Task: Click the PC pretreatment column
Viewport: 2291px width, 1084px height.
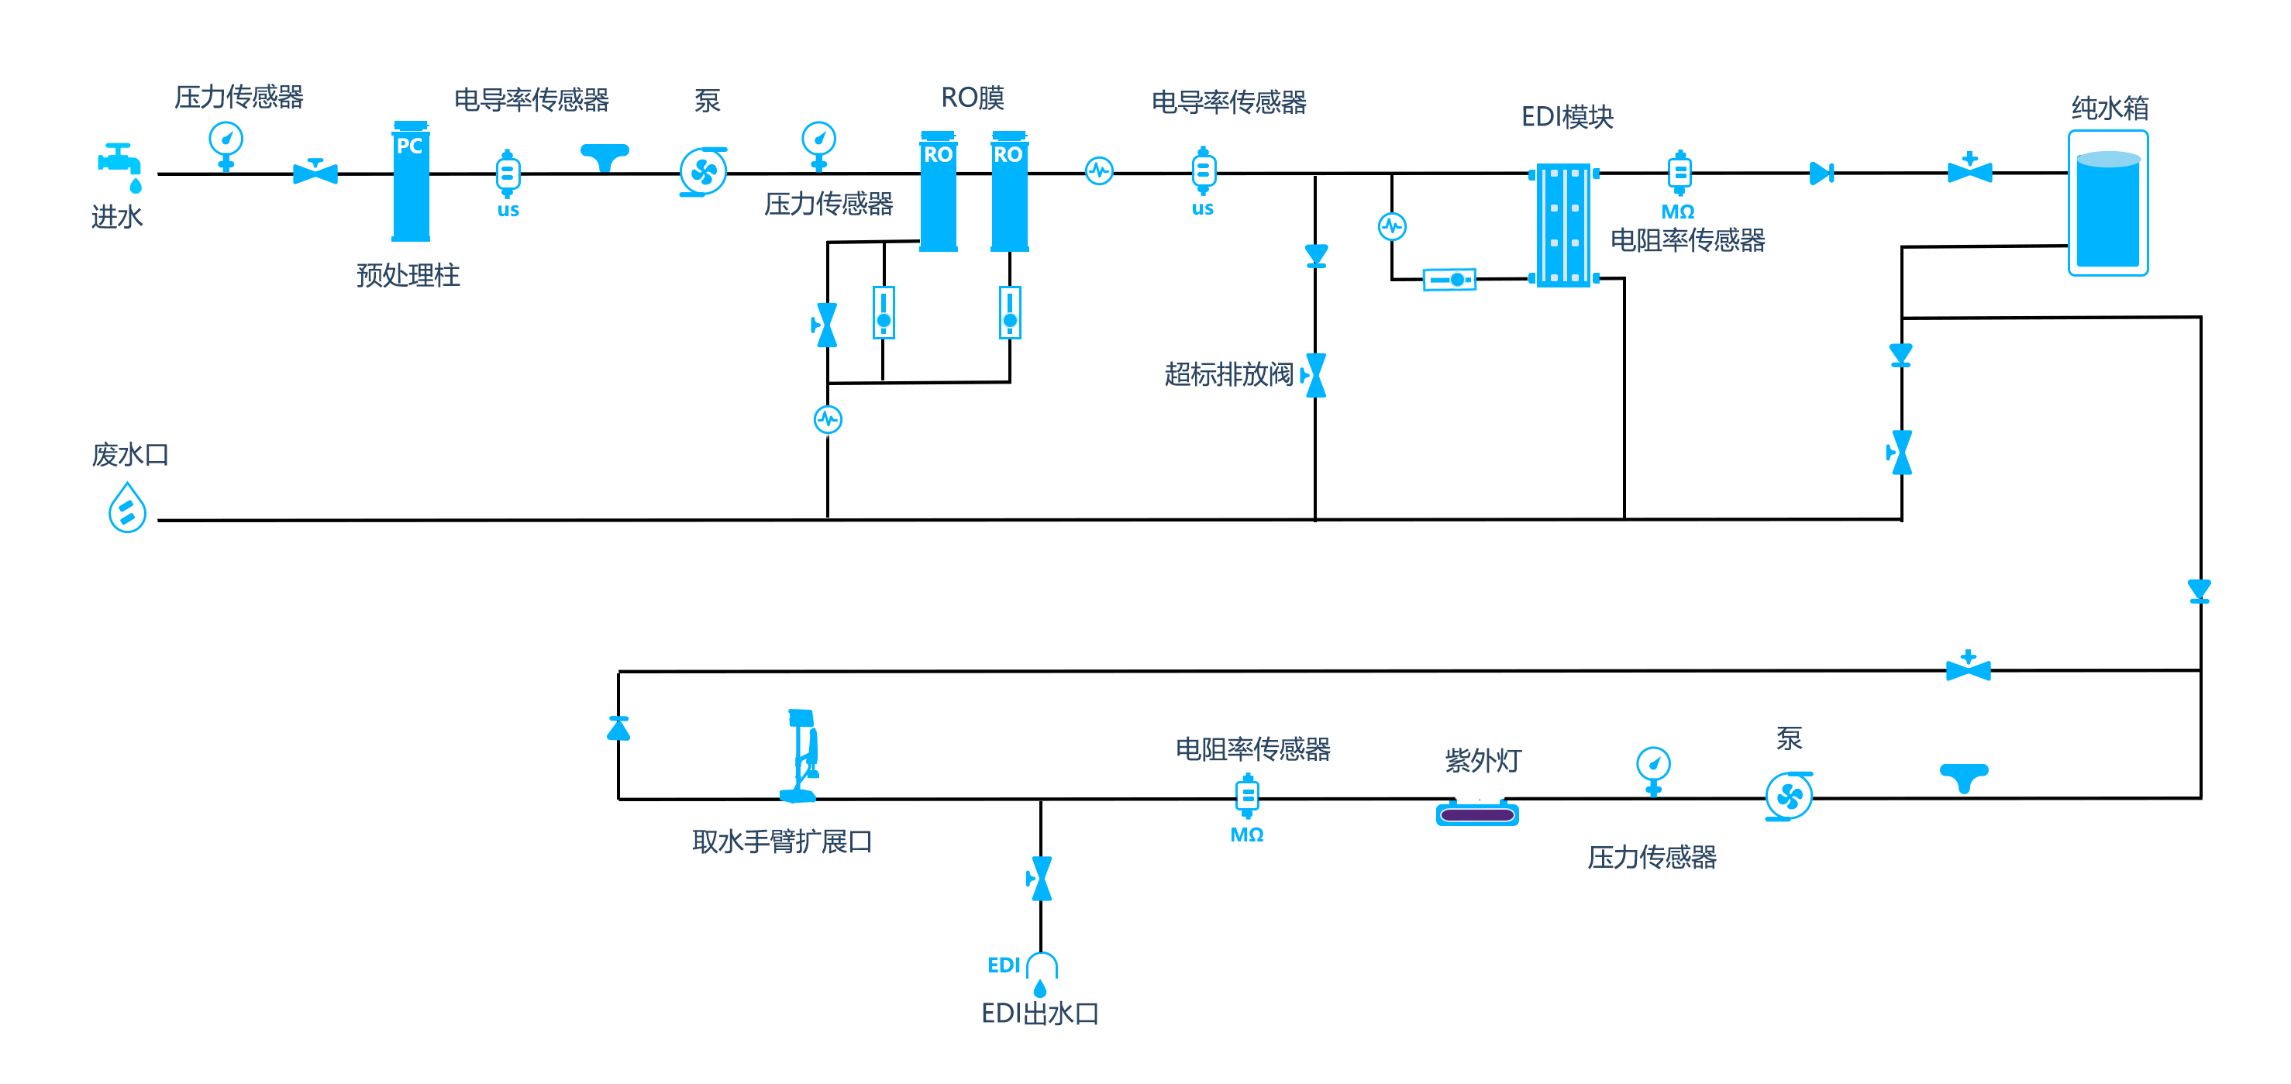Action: [x=411, y=181]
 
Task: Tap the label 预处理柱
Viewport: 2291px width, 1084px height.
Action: [x=408, y=275]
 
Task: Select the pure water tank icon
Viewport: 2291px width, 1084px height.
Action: [x=2108, y=203]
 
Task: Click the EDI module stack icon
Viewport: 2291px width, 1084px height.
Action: [x=1563, y=225]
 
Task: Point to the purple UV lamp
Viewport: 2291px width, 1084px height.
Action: [x=1477, y=814]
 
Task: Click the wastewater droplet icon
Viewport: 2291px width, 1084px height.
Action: [x=127, y=508]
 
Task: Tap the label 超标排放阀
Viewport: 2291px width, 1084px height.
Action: [x=1228, y=374]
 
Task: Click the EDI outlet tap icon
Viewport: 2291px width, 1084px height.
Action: [x=1041, y=975]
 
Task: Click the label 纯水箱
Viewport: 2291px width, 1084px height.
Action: [x=2110, y=108]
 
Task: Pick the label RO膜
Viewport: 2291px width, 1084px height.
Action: [x=972, y=98]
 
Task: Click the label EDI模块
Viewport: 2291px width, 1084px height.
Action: [x=1567, y=116]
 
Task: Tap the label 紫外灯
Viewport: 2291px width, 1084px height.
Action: [x=1483, y=760]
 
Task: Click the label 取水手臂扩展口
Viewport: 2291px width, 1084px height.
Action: [x=782, y=841]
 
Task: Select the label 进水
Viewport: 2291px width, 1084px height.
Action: [x=116, y=216]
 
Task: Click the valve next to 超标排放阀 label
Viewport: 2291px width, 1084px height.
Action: [x=1314, y=375]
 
